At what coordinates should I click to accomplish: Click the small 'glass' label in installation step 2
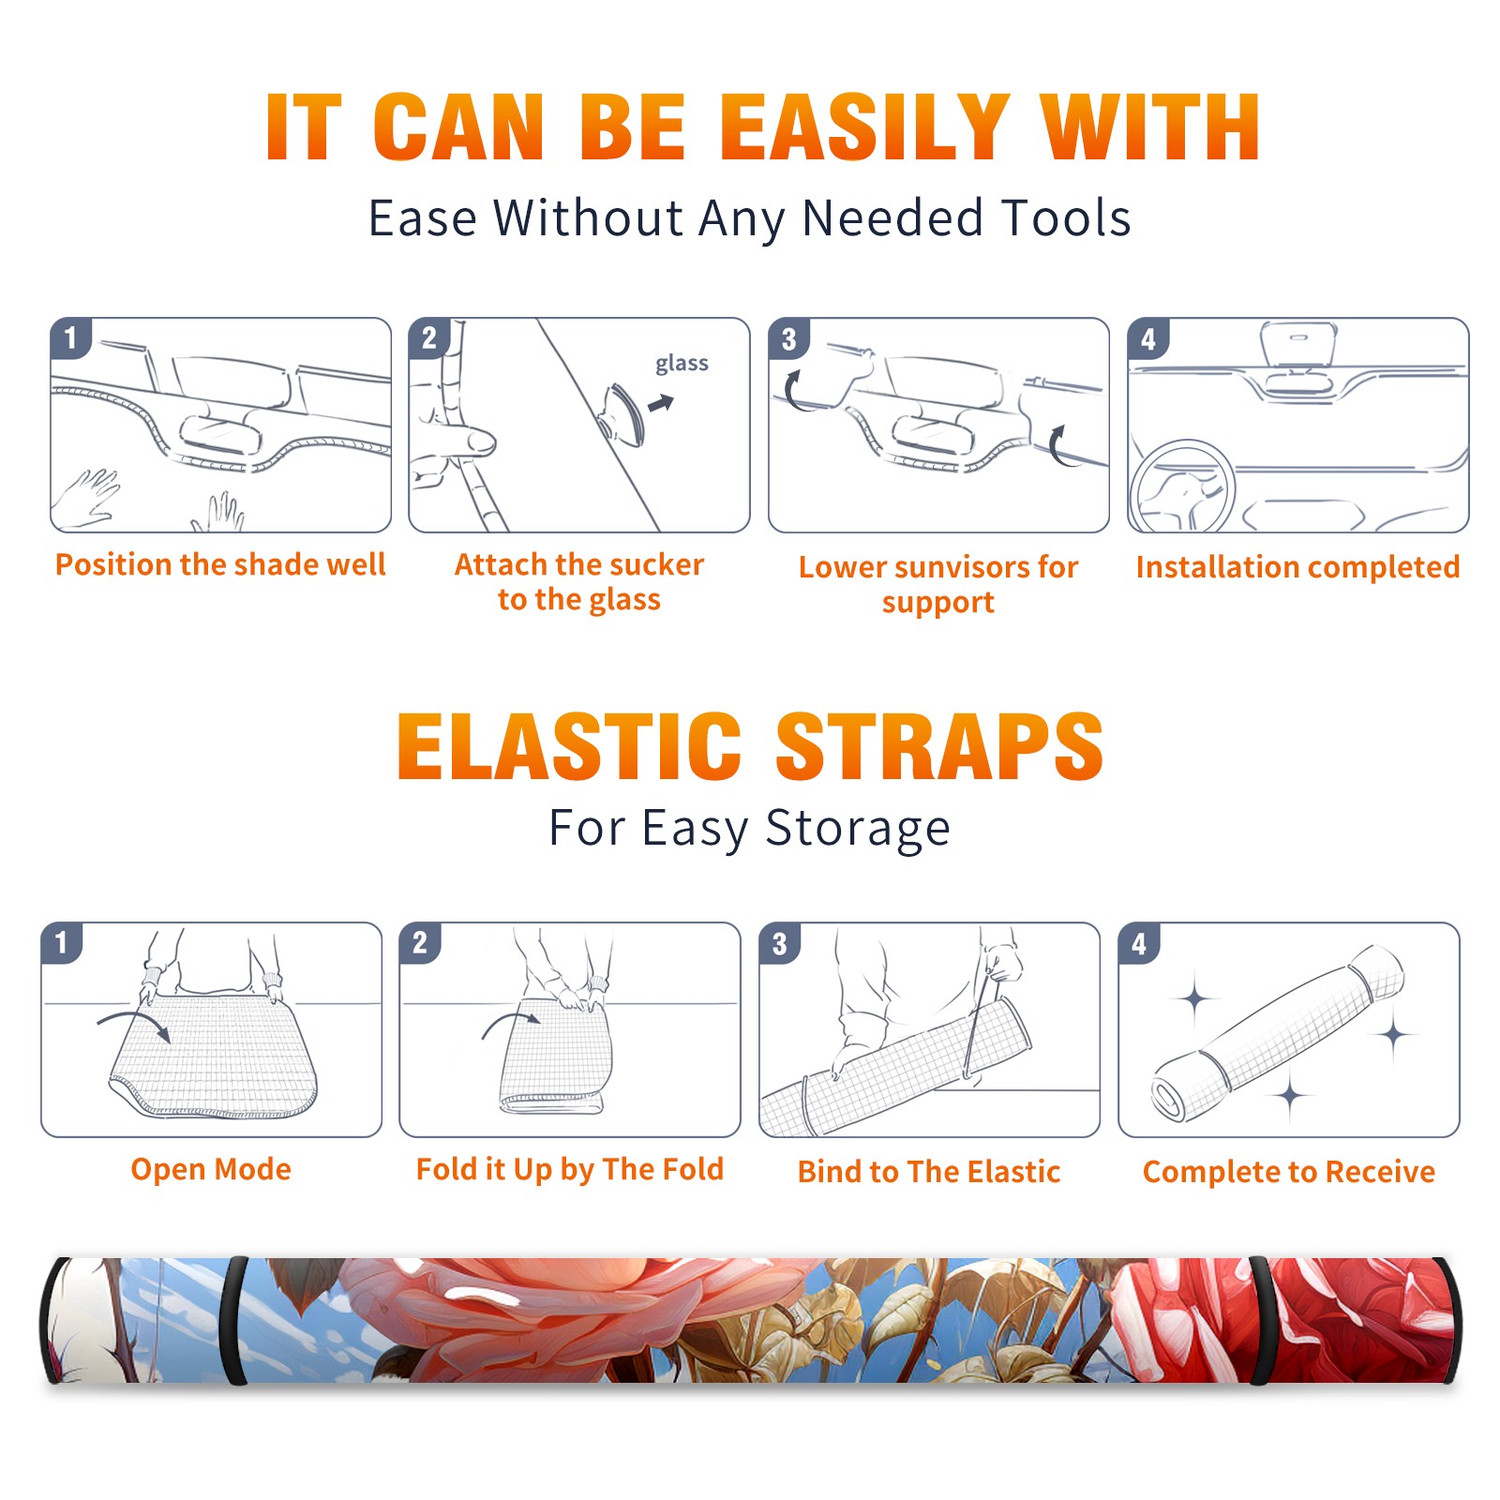(682, 363)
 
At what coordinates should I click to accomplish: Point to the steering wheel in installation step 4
(1183, 487)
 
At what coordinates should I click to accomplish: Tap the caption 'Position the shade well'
(220, 564)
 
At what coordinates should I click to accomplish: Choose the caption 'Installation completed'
(1297, 567)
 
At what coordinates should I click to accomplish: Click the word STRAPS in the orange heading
(939, 746)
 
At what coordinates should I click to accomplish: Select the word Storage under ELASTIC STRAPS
(858, 829)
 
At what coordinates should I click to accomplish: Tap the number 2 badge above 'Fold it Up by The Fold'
(420, 943)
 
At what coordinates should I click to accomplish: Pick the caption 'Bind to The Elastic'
(928, 1172)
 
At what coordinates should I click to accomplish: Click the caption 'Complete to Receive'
(1289, 1172)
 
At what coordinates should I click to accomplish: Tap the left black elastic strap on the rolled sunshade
(232, 1320)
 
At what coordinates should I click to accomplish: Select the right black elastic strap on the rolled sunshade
(1262, 1320)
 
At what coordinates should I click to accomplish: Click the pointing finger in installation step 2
(457, 441)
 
